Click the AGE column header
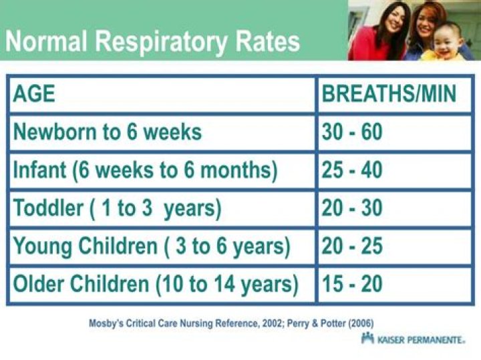pyautogui.click(x=33, y=94)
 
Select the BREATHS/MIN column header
pyautogui.click(x=389, y=94)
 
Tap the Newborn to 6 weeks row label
pyautogui.click(x=107, y=132)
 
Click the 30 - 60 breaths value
pyautogui.click(x=352, y=132)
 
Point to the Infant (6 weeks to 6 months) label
pyautogui.click(x=145, y=170)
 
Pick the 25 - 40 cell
pyautogui.click(x=352, y=170)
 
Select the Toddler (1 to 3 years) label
pyautogui.click(x=117, y=208)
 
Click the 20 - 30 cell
pyautogui.click(x=352, y=208)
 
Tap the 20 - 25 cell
pyautogui.click(x=352, y=246)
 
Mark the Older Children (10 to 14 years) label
pyautogui.click(x=156, y=285)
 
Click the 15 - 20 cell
pyautogui.click(x=352, y=285)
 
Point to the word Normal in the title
pyautogui.click(x=45, y=41)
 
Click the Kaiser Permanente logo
pyautogui.click(x=413, y=339)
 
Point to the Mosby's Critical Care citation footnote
pyautogui.click(x=231, y=323)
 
